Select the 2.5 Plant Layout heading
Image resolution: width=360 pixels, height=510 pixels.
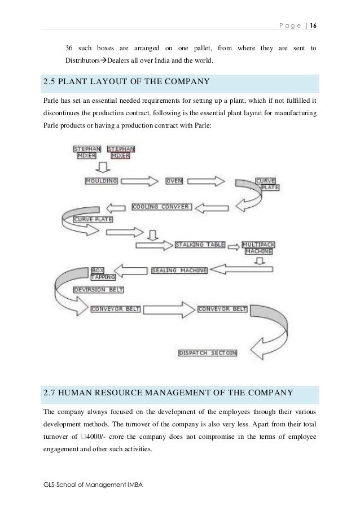pyautogui.click(x=126, y=82)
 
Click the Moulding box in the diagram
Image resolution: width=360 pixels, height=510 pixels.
pyautogui.click(x=101, y=181)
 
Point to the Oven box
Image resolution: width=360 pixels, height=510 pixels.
pyautogui.click(x=174, y=181)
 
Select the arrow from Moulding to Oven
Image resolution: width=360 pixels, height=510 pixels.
pyautogui.click(x=138, y=181)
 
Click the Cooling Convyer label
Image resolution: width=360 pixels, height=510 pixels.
pyautogui.click(x=161, y=207)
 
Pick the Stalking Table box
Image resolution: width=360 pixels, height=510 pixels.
pyautogui.click(x=200, y=245)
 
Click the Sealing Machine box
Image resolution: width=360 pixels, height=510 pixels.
pyautogui.click(x=179, y=271)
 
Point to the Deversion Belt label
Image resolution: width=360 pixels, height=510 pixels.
pyautogui.click(x=98, y=290)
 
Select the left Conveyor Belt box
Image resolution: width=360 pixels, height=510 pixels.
pyautogui.click(x=115, y=309)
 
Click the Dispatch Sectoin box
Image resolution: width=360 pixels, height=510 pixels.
pyautogui.click(x=208, y=353)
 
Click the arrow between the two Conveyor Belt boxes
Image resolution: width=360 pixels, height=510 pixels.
pyautogui.click(x=169, y=309)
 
